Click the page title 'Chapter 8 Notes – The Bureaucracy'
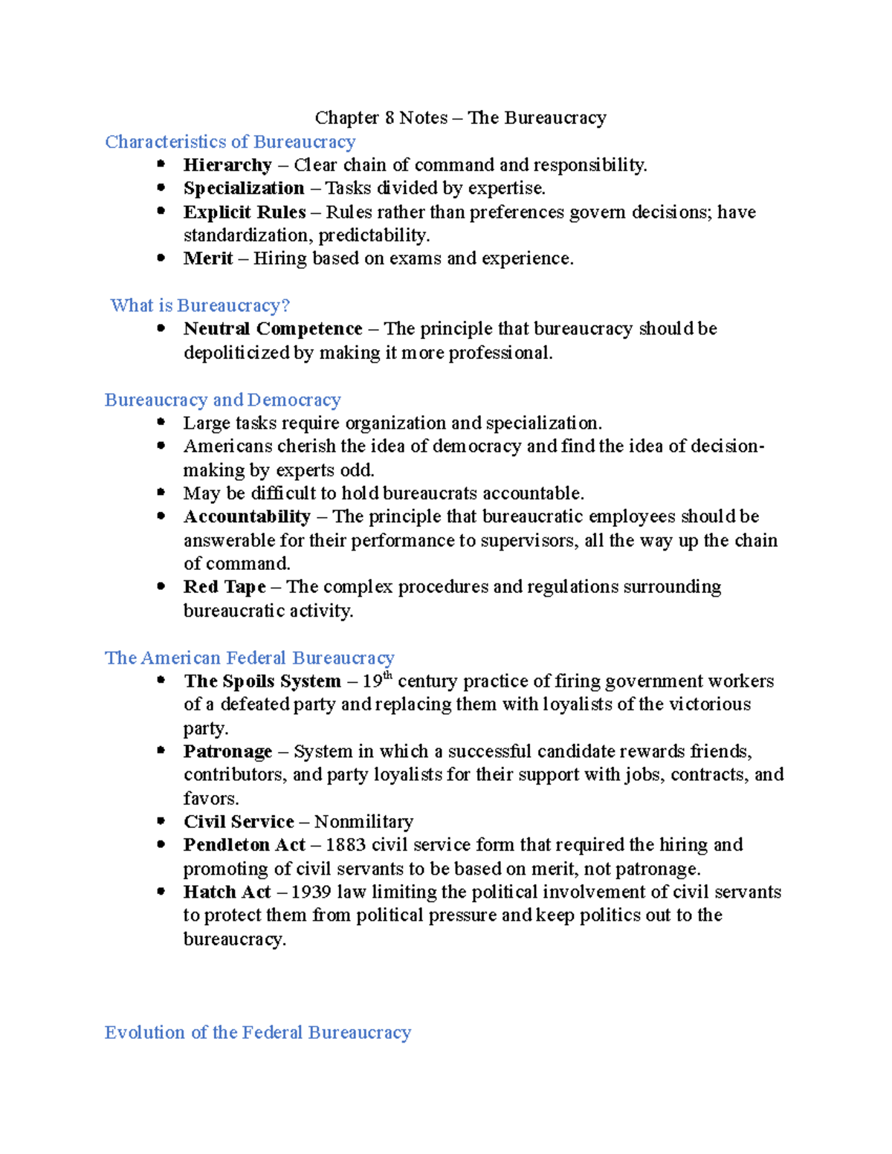(x=460, y=118)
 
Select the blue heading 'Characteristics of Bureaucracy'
(x=230, y=142)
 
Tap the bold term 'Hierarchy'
(x=227, y=165)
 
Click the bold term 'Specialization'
(x=244, y=189)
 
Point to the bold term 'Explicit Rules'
(x=245, y=213)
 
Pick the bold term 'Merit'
(x=208, y=259)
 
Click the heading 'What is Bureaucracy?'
(x=200, y=305)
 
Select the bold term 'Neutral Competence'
(x=273, y=329)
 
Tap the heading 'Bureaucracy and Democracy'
(x=222, y=400)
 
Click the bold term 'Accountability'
(x=247, y=516)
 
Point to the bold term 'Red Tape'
(x=224, y=587)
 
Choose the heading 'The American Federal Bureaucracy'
(x=249, y=658)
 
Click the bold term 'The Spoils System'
(x=262, y=681)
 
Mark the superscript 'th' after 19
(x=387, y=675)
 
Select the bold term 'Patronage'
(x=227, y=752)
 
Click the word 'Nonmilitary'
(x=363, y=822)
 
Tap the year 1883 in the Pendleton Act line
(x=346, y=845)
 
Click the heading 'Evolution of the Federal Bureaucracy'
(x=257, y=1033)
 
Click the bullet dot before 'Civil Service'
(x=161, y=821)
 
